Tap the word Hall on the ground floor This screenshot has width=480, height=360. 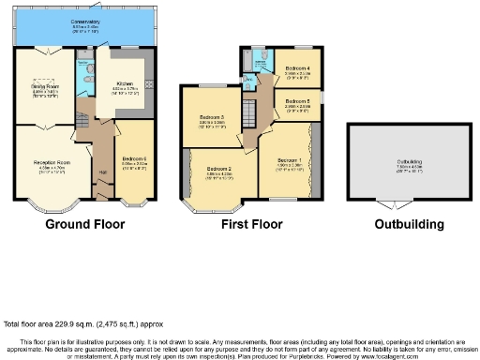[x=103, y=172]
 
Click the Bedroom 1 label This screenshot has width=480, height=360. [x=289, y=158]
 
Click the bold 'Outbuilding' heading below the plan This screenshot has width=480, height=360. [x=409, y=225]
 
